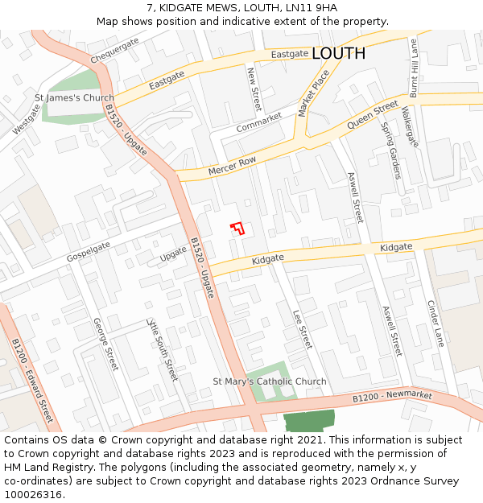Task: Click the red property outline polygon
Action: click(237, 228)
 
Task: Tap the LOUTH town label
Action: click(338, 53)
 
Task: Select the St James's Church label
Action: click(74, 98)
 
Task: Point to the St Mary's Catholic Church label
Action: click(270, 381)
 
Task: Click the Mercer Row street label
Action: click(232, 167)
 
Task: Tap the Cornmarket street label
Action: click(259, 123)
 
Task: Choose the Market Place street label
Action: click(314, 93)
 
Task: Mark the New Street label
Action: click(254, 89)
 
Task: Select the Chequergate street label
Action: click(114, 52)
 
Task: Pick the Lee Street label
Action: click(301, 329)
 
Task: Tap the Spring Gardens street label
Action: click(390, 140)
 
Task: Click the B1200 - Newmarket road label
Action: click(392, 396)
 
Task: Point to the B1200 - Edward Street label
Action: click(32, 381)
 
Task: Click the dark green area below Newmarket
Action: click(309, 421)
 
